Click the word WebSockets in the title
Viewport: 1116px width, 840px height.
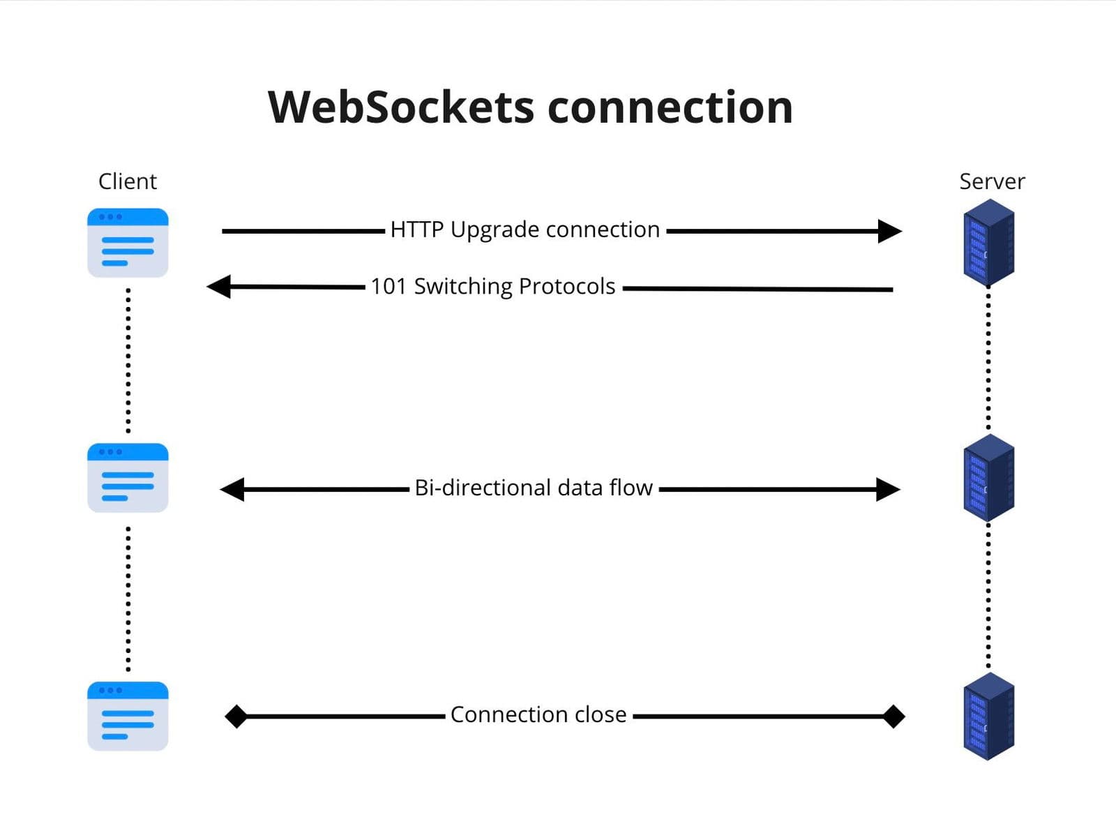tap(400, 107)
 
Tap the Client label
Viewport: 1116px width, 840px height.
tap(128, 181)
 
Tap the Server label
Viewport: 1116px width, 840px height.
tap(992, 181)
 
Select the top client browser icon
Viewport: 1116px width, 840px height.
tap(128, 243)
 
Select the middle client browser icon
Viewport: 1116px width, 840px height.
tap(128, 478)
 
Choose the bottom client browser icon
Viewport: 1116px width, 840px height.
tap(128, 717)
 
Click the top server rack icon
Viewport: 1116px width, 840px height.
tap(988, 243)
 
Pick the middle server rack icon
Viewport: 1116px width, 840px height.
tap(988, 478)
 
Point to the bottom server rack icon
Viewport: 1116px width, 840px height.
tap(988, 717)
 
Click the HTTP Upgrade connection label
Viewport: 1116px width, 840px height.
tap(525, 230)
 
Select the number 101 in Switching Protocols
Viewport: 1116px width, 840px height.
tap(388, 287)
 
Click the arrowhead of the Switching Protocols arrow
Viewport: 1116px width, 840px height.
tap(219, 286)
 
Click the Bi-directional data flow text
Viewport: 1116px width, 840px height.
tap(533, 488)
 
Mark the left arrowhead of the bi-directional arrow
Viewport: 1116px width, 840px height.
tap(232, 489)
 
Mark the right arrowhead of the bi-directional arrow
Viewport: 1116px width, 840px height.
tap(888, 489)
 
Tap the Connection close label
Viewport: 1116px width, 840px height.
tap(538, 714)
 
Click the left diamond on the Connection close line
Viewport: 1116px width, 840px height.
tap(236, 717)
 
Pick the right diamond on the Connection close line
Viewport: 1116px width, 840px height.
tap(893, 717)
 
